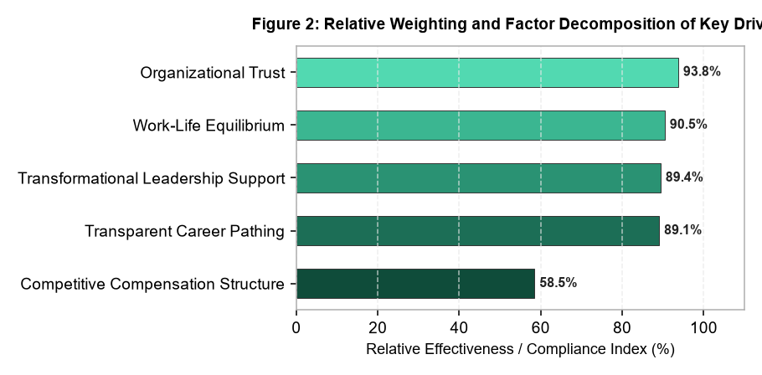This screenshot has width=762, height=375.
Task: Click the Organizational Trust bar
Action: click(x=487, y=73)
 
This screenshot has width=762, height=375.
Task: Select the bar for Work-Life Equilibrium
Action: click(x=481, y=126)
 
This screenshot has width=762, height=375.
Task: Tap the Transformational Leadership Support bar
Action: click(x=479, y=178)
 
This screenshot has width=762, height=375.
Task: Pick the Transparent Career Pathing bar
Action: click(x=478, y=231)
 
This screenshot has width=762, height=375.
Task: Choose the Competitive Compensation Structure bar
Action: click(x=415, y=284)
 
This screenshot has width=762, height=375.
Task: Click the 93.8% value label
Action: click(x=702, y=72)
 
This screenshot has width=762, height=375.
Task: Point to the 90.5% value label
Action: click(x=688, y=125)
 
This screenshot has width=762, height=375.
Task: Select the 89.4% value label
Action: click(x=684, y=177)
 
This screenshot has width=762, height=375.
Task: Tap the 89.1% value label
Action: click(x=682, y=229)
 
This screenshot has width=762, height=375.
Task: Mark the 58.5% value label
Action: click(x=558, y=283)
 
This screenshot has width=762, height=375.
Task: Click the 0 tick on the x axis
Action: click(x=296, y=328)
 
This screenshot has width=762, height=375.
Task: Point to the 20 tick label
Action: click(x=378, y=328)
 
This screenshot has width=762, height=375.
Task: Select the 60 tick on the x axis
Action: click(x=540, y=328)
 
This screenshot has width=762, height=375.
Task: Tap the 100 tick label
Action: click(x=703, y=328)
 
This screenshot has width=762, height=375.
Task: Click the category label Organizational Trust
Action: click(x=213, y=73)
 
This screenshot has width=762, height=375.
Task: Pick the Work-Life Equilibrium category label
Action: click(x=209, y=126)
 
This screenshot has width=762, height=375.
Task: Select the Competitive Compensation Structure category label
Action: click(x=152, y=284)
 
